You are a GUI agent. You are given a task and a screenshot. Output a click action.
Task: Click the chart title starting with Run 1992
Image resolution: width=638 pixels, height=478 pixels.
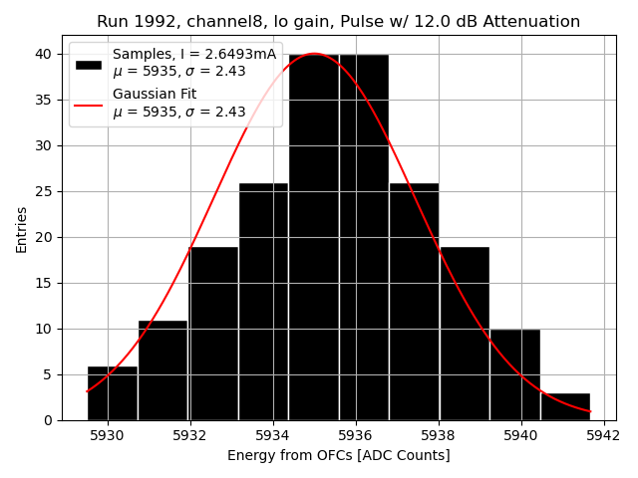(x=338, y=22)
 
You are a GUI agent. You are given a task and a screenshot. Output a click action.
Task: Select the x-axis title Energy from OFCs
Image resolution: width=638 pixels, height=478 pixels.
(x=338, y=456)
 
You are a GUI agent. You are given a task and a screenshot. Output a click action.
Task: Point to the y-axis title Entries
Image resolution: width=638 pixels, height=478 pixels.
(x=22, y=229)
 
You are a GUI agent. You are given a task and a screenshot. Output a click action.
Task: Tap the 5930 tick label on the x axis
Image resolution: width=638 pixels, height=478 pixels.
(x=108, y=435)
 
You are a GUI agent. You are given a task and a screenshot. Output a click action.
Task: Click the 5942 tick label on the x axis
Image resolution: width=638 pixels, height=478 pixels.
(x=604, y=435)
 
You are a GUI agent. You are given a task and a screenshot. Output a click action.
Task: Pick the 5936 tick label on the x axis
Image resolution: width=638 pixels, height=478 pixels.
(x=356, y=435)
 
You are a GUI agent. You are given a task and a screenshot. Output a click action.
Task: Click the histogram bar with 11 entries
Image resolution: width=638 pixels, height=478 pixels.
(x=162, y=370)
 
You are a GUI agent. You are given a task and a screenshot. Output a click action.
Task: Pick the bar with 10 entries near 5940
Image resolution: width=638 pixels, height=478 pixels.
(x=514, y=374)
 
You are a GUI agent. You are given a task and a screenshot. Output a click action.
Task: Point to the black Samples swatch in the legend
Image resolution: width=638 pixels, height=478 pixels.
(x=89, y=64)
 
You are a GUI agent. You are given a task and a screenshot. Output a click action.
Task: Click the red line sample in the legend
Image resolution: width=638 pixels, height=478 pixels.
(x=89, y=104)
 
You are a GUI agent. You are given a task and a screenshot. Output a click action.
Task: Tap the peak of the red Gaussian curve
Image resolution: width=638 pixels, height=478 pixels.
(x=314, y=54)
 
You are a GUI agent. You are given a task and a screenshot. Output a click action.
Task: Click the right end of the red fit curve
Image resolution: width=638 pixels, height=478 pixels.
(x=590, y=411)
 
